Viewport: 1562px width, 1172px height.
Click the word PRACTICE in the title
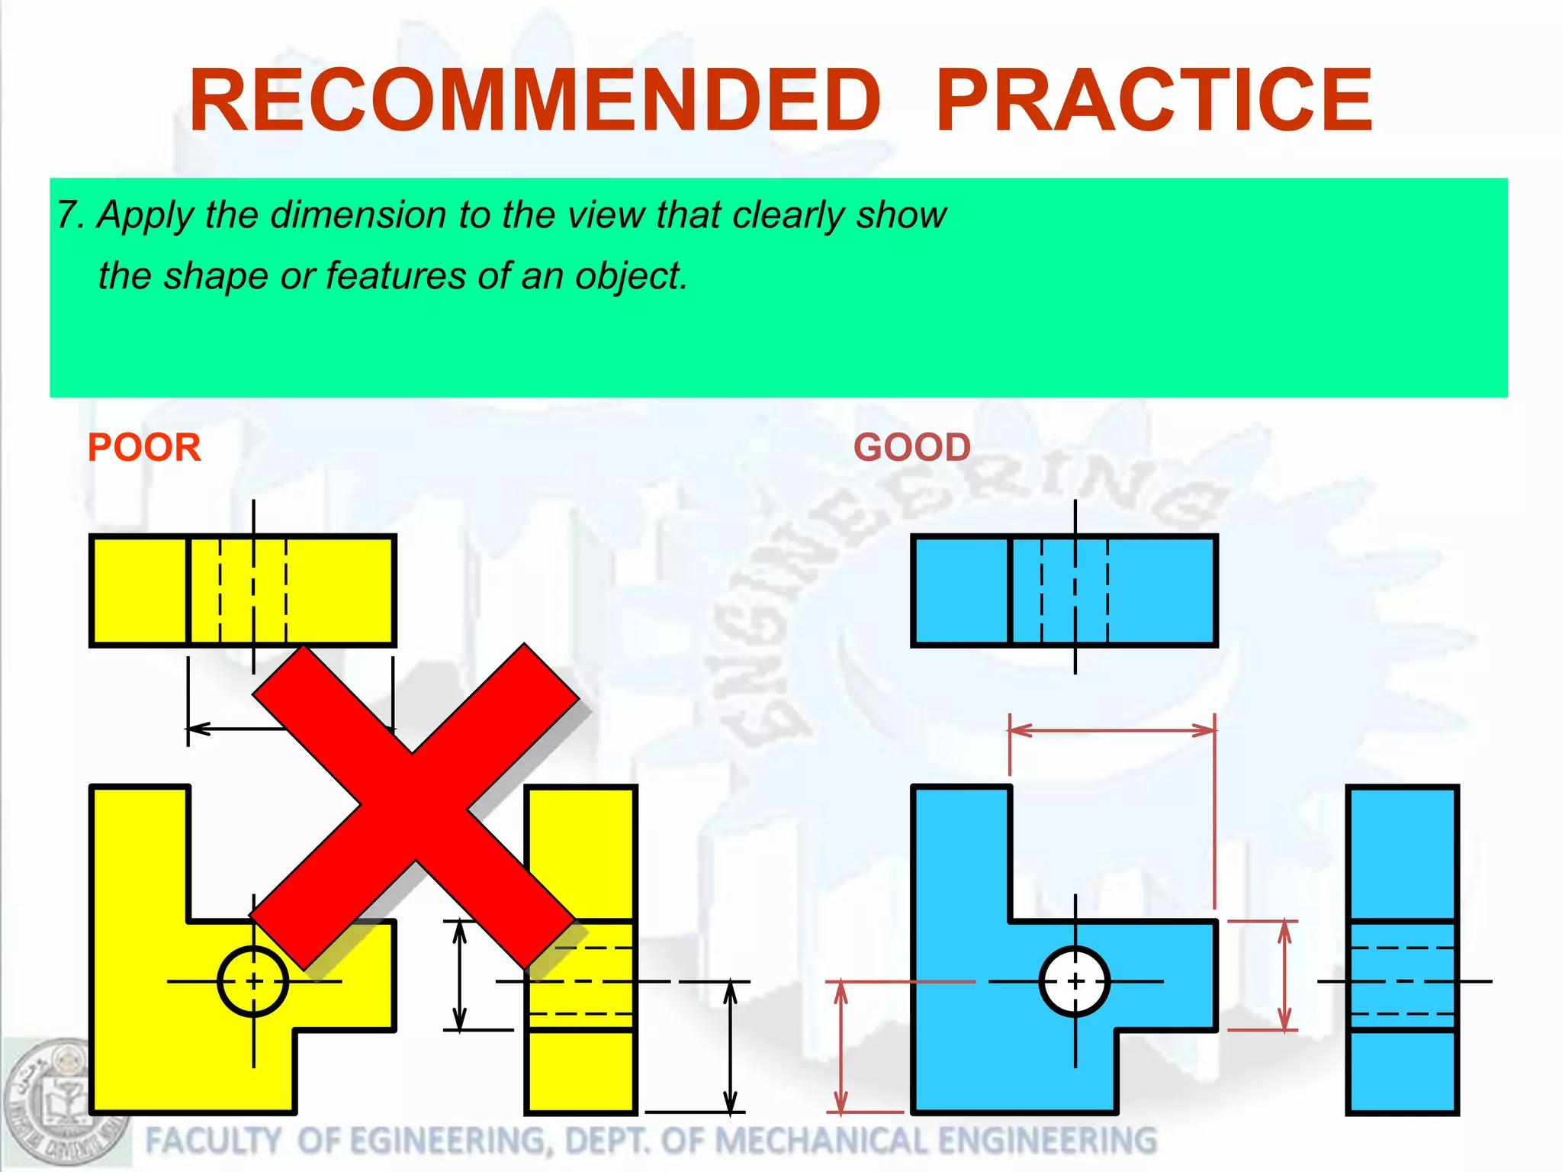tap(1154, 101)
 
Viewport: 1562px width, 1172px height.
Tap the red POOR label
tap(144, 447)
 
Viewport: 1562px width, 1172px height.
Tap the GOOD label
tap(911, 447)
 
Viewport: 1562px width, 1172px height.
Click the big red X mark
tap(415, 807)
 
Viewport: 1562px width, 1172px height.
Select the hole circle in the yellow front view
tap(253, 981)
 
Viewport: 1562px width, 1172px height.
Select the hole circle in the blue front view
tap(1075, 981)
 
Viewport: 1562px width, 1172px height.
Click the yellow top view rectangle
tap(137, 591)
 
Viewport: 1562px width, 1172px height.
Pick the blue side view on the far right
tap(1402, 855)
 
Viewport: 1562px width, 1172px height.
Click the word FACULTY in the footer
tap(213, 1141)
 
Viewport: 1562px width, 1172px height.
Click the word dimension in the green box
tap(359, 215)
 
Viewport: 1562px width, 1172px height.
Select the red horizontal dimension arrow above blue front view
tap(1112, 731)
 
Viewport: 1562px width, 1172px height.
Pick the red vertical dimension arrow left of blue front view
tap(840, 1047)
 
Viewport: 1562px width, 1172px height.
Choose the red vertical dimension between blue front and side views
tap(1284, 975)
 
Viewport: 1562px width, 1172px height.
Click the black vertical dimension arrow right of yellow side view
tap(730, 1047)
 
